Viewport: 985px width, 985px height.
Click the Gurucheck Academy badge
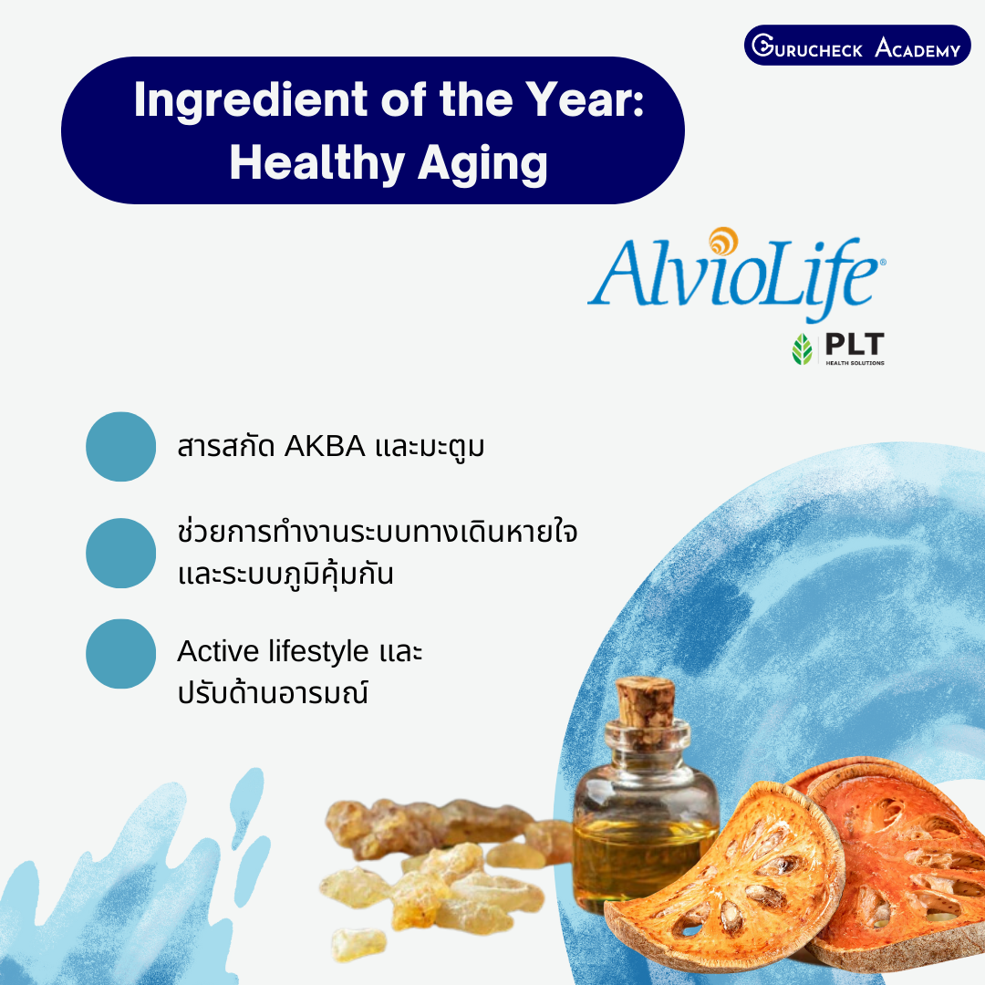pos(856,46)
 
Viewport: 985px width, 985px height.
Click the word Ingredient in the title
pos(250,101)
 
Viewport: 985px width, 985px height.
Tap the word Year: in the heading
pos(585,100)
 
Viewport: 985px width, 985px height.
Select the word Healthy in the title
pos(317,163)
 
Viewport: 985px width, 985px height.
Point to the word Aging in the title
pos(482,164)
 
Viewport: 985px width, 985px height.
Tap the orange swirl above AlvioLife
pos(723,241)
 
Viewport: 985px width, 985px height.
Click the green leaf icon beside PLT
pos(803,349)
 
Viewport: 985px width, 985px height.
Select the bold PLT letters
pos(855,344)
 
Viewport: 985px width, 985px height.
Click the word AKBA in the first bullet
pos(325,447)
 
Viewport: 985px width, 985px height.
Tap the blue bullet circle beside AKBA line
pos(120,447)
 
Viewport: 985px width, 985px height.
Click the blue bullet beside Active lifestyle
pos(120,654)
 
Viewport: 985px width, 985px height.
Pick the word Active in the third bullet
pos(218,651)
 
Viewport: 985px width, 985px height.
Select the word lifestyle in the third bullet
pos(318,652)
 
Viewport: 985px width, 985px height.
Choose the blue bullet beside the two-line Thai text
pos(120,553)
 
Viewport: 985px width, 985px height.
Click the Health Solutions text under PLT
pos(855,363)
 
